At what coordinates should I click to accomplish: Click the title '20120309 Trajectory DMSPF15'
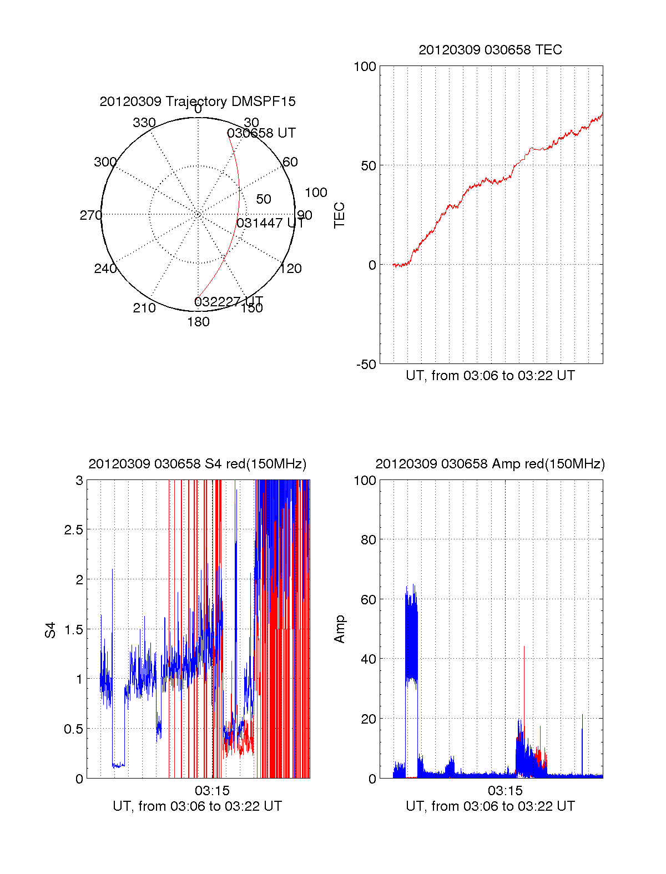click(x=198, y=102)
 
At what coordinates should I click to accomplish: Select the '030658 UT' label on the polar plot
click(x=261, y=133)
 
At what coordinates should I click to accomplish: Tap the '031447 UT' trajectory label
click(x=270, y=223)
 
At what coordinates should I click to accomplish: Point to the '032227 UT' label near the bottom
click(x=228, y=301)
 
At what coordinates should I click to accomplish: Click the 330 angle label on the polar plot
click(x=144, y=123)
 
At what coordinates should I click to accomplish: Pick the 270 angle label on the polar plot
click(x=90, y=215)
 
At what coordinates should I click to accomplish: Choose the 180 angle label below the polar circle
click(x=198, y=322)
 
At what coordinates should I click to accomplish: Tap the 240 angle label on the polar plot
click(x=105, y=269)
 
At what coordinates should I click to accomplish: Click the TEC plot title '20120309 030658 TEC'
click(x=490, y=50)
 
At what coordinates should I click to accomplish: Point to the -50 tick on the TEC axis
click(x=366, y=365)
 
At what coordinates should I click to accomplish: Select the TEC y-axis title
click(x=339, y=215)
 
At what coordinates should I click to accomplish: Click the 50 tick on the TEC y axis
click(x=368, y=166)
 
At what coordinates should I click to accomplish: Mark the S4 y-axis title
click(x=51, y=630)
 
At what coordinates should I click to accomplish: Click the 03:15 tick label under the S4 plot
click(x=212, y=790)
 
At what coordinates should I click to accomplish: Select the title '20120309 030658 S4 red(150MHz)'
click(x=198, y=464)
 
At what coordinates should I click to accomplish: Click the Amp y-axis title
click(x=339, y=629)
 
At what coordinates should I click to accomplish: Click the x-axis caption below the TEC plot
click(x=490, y=376)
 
